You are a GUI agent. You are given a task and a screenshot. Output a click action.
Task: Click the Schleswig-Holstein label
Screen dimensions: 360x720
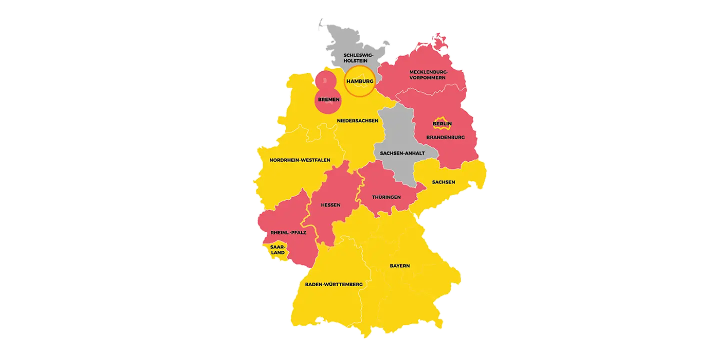coord(358,57)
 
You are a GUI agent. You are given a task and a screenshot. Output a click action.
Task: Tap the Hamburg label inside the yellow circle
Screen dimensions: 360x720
coord(359,81)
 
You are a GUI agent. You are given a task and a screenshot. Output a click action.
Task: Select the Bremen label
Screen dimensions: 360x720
coord(328,99)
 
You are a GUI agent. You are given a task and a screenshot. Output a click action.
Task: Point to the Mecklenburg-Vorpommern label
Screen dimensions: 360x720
coord(428,74)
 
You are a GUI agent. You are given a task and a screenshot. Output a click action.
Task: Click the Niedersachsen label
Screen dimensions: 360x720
coord(357,120)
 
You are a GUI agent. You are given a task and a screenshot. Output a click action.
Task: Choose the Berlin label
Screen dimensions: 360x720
coord(442,123)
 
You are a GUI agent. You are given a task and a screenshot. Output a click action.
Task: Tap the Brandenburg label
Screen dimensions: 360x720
coord(445,137)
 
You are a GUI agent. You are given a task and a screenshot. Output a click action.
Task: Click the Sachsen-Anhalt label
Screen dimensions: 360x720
coord(402,153)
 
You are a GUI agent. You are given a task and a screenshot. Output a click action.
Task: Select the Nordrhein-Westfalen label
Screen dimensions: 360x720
coord(300,160)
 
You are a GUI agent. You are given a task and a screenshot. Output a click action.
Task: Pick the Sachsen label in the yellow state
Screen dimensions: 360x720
coord(443,182)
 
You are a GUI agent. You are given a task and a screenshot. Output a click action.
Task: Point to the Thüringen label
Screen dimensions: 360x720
coord(386,197)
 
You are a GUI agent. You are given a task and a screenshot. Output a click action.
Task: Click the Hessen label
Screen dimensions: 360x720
coord(330,205)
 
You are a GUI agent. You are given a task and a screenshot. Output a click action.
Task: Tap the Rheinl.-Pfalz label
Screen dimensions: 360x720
coord(288,232)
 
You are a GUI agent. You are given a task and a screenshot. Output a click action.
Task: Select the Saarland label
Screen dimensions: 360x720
coord(277,249)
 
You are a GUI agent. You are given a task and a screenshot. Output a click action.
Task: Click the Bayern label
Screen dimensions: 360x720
coord(399,265)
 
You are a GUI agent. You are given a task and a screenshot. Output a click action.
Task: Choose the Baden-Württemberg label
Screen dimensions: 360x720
coord(333,284)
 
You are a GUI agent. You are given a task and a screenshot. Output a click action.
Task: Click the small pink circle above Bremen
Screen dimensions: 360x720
coord(325,79)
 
